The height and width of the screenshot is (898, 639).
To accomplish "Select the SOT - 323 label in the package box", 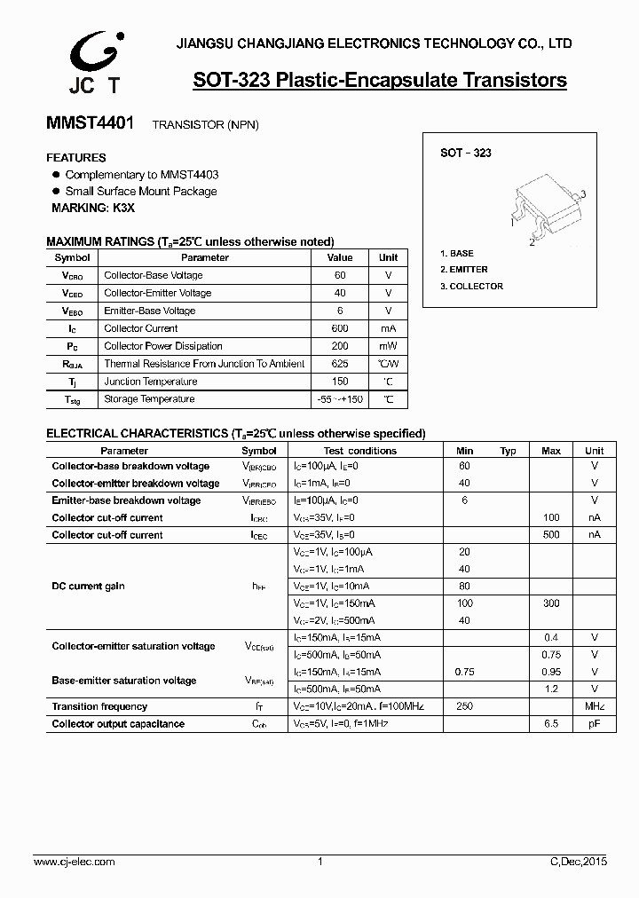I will click(465, 153).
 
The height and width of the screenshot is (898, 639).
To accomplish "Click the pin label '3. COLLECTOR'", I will click(471, 287).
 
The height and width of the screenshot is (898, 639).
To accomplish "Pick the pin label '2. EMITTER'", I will click(464, 270).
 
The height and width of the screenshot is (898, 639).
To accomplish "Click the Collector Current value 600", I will click(340, 328).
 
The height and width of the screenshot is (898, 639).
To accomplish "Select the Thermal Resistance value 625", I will click(340, 364).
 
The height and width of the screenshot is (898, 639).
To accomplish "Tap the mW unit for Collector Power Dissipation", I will click(388, 346).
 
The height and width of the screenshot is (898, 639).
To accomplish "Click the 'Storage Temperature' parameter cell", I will click(149, 399).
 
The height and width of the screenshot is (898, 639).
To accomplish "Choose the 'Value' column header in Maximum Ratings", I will click(340, 257).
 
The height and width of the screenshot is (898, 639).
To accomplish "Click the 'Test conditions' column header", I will click(360, 451).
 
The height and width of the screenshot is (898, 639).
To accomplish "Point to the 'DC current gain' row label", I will click(89, 587).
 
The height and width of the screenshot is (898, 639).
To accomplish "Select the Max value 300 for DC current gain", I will click(551, 603).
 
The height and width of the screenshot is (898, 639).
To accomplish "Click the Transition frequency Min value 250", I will click(464, 706).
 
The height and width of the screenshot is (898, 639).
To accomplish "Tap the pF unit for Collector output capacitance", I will click(594, 724).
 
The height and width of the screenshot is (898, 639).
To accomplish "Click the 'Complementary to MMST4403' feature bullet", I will click(142, 175).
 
